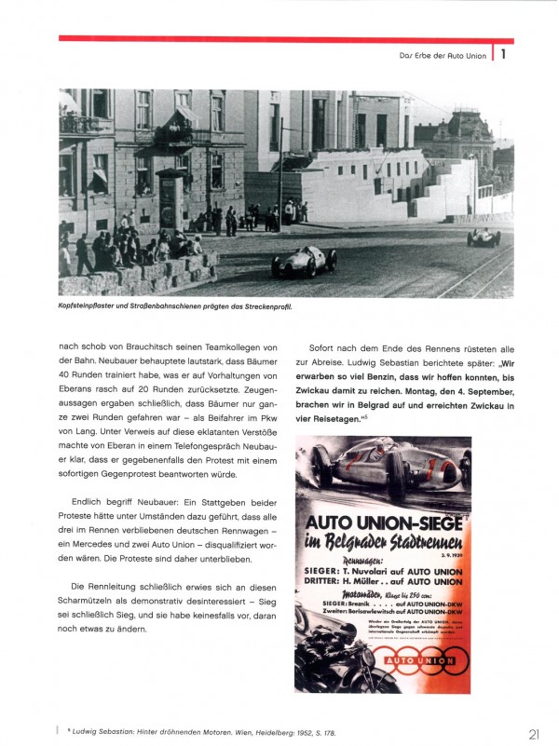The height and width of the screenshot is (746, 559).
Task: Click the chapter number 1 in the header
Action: coord(503,54)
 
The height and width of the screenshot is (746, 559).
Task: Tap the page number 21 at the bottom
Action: coord(533,733)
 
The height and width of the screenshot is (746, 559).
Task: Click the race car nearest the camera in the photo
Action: coord(304,262)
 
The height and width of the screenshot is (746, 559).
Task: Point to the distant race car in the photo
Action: coord(484,237)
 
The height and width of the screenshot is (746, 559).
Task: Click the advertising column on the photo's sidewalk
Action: coord(170,200)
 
